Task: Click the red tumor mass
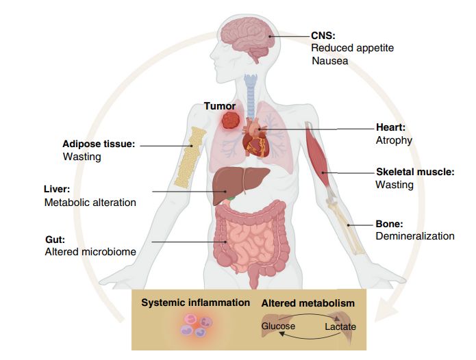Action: (231, 120)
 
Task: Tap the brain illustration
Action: (247, 38)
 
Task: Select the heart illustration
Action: (255, 138)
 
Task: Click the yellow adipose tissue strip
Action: (190, 157)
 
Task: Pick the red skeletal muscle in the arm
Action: (318, 155)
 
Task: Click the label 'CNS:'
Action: (323, 36)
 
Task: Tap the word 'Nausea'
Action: (329, 61)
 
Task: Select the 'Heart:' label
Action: (390, 127)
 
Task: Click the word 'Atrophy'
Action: (394, 140)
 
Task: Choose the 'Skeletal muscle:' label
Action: (415, 172)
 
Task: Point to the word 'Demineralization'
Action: (415, 236)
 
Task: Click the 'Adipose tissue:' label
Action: (99, 144)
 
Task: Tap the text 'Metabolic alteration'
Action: (90, 203)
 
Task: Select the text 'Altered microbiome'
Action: (90, 252)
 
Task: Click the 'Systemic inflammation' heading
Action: (195, 303)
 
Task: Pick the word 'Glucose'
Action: (278, 326)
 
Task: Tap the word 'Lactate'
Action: (340, 326)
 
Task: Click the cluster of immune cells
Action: (197, 325)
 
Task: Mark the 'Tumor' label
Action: (219, 106)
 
